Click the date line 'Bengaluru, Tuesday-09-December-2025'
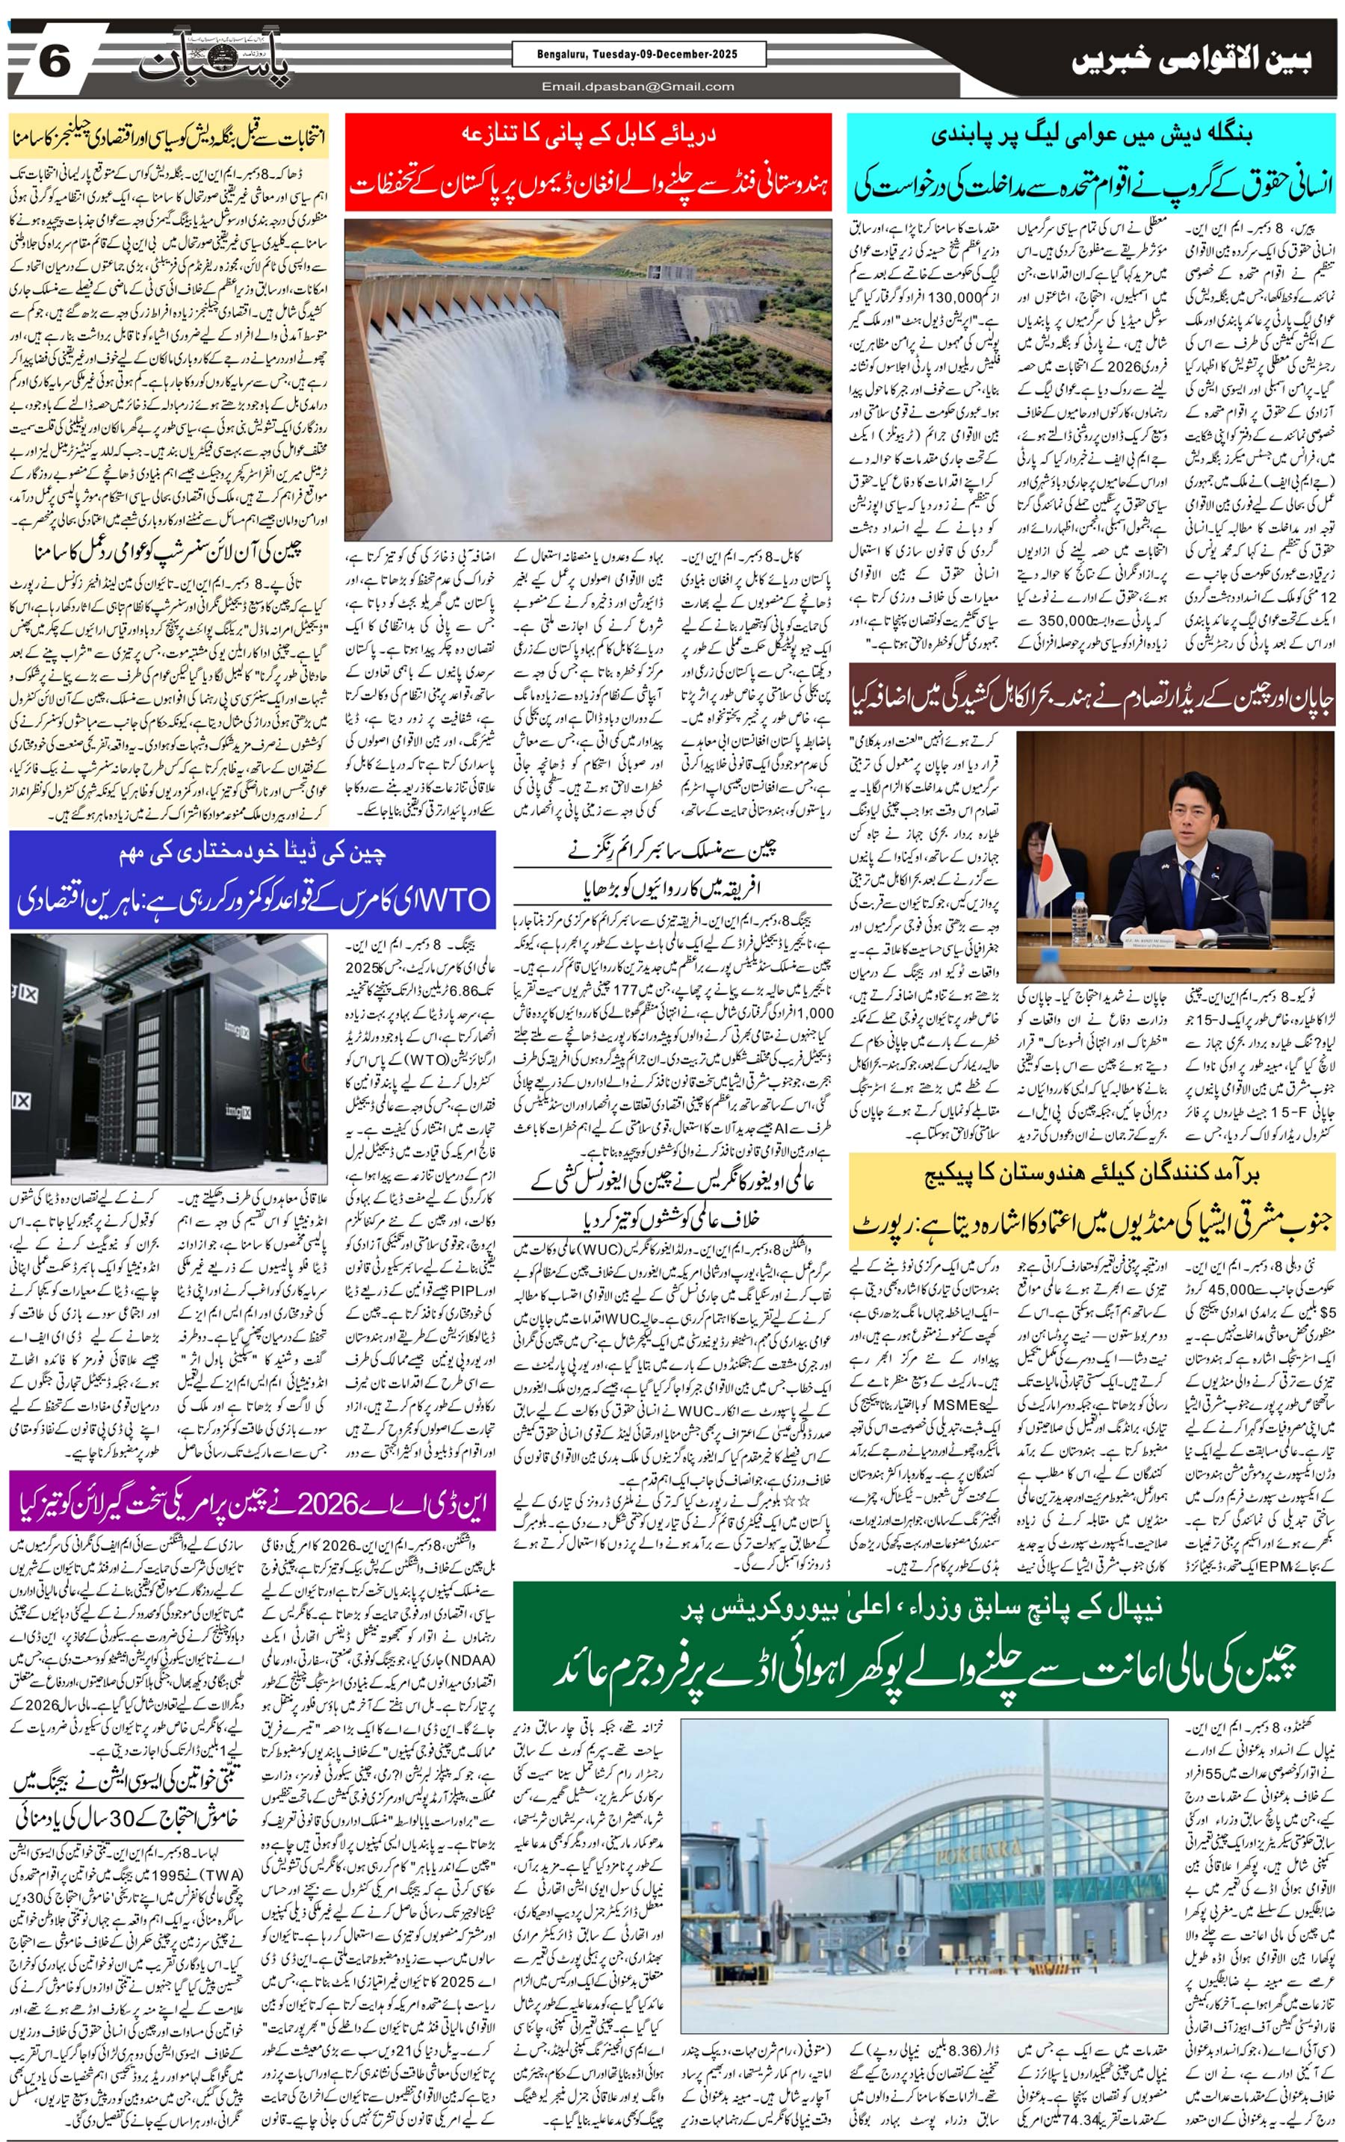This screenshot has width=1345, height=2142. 637,55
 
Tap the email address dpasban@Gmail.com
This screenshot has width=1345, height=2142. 637,86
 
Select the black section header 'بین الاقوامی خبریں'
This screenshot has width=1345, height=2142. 1191,61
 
